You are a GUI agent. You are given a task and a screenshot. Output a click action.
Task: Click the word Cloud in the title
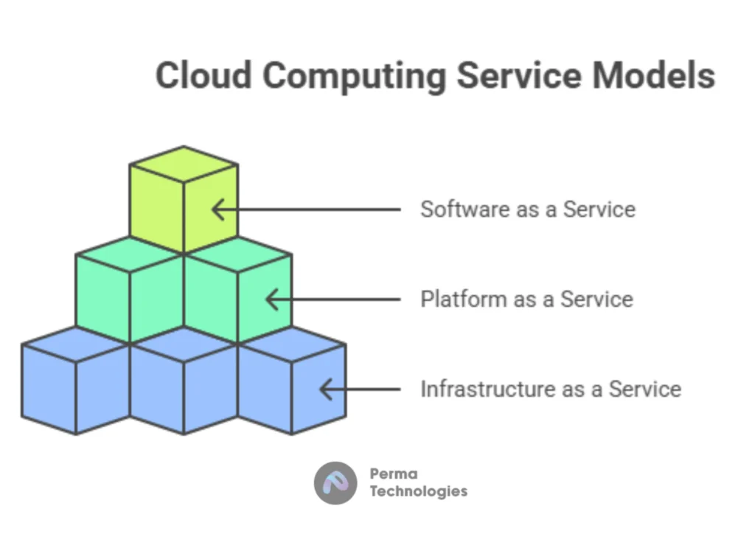pos(203,75)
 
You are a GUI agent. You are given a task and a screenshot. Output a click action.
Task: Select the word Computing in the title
pos(355,77)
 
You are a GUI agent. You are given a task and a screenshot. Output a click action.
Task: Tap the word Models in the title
pos(653,75)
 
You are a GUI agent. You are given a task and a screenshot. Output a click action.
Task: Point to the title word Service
pos(519,75)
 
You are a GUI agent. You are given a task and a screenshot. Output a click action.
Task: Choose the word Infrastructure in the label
pos(486,389)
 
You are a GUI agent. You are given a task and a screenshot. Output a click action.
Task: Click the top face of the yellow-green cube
pos(184,164)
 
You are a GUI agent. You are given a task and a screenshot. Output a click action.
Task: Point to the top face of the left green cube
pos(130,254)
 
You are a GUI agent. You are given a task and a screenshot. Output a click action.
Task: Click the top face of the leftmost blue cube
pos(76,344)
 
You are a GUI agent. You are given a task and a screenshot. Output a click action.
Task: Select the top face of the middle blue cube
pos(184,344)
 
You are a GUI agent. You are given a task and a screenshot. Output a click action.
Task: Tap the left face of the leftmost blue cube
pos(49,389)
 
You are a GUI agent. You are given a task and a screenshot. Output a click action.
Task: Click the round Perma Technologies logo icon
pos(335,483)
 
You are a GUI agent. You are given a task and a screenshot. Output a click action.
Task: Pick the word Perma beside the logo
pos(394,474)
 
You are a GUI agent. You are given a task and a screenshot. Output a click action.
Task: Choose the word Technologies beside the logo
pos(419,491)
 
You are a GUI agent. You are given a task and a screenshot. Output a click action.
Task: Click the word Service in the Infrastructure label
pos(645,389)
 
